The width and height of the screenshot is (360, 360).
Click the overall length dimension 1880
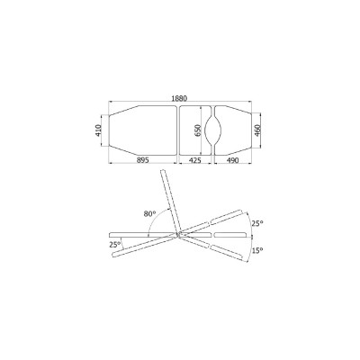click(x=179, y=98)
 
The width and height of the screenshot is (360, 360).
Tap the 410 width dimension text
click(x=98, y=130)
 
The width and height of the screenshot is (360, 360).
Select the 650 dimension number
click(x=198, y=130)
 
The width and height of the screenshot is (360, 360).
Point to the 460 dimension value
click(x=257, y=130)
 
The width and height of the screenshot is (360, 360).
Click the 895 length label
click(x=143, y=160)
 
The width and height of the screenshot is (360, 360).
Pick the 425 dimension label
click(x=194, y=160)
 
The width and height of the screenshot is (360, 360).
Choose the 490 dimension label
click(x=232, y=160)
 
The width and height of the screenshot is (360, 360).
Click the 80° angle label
click(x=149, y=213)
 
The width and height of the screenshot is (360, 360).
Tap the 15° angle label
click(x=257, y=250)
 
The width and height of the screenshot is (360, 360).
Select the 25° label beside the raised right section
click(x=257, y=223)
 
